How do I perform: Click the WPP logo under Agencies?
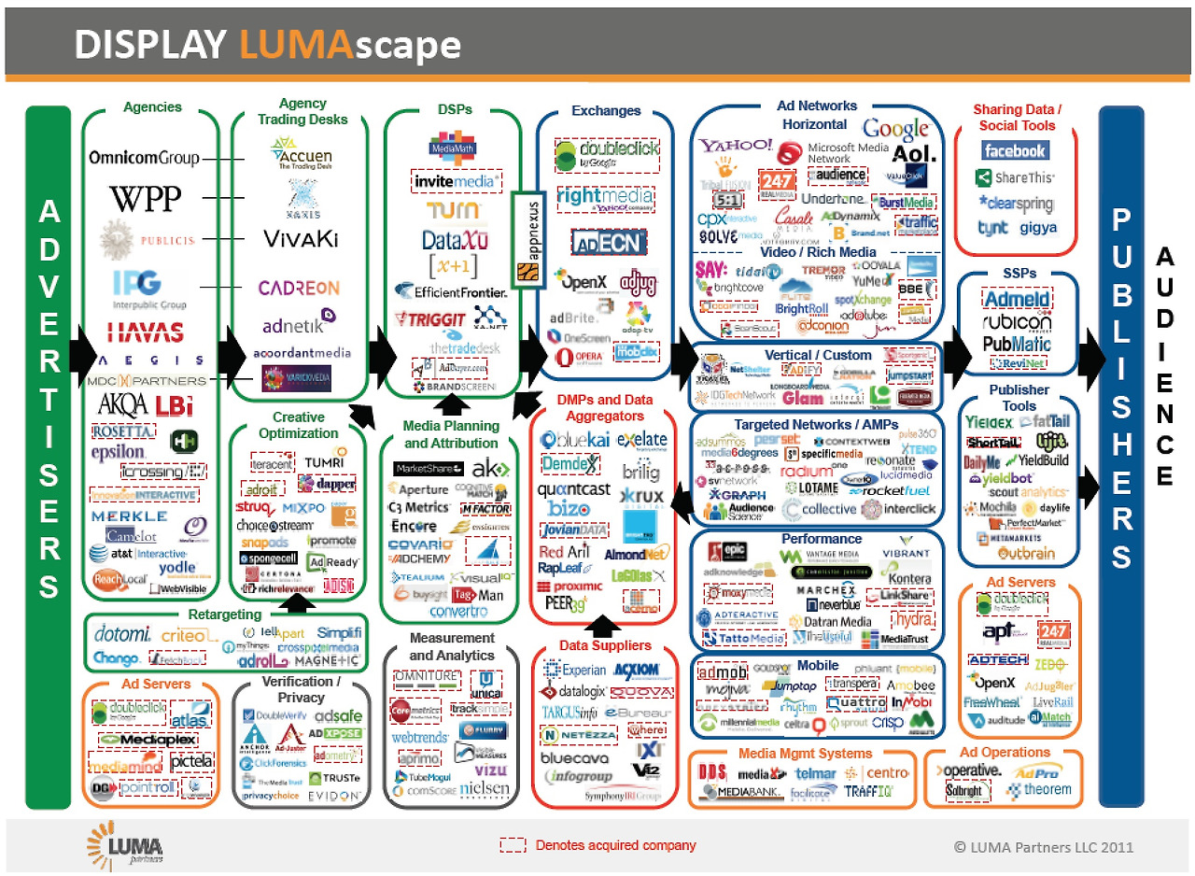point(145,199)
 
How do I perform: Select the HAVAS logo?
point(145,332)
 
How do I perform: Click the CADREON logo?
point(299,288)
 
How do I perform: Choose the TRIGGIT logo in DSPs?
point(427,319)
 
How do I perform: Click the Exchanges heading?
point(606,110)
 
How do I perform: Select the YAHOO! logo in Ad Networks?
point(736,147)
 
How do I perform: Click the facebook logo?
point(1015,150)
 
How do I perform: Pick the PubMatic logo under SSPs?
point(1016,345)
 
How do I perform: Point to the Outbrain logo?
point(1019,554)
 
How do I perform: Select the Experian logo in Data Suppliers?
point(572,670)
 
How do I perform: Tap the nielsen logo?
point(485,789)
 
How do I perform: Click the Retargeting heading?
point(224,615)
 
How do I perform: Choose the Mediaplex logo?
point(148,739)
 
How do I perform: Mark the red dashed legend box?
point(513,845)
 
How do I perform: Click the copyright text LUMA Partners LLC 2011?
point(1043,847)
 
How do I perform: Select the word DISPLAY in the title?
point(149,44)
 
